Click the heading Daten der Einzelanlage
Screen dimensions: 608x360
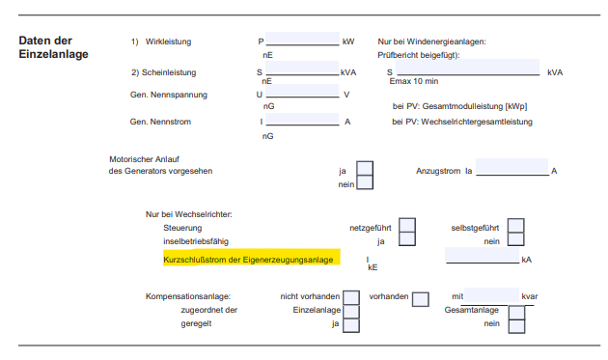point(53,48)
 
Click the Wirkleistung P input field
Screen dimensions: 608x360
point(302,42)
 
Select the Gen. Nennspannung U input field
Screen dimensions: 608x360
point(302,95)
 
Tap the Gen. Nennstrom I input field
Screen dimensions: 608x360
point(302,122)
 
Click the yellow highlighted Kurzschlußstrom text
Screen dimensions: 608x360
point(250,260)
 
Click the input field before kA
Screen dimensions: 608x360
point(481,258)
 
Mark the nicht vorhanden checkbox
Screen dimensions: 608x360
point(351,297)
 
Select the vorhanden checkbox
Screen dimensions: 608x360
point(420,298)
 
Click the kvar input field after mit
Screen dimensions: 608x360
point(492,296)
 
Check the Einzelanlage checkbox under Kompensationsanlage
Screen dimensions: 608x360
point(351,311)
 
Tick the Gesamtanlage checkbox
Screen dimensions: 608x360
point(516,312)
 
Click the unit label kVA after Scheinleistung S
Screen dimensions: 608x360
point(348,71)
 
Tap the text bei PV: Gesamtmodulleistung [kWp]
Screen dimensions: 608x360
point(459,105)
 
